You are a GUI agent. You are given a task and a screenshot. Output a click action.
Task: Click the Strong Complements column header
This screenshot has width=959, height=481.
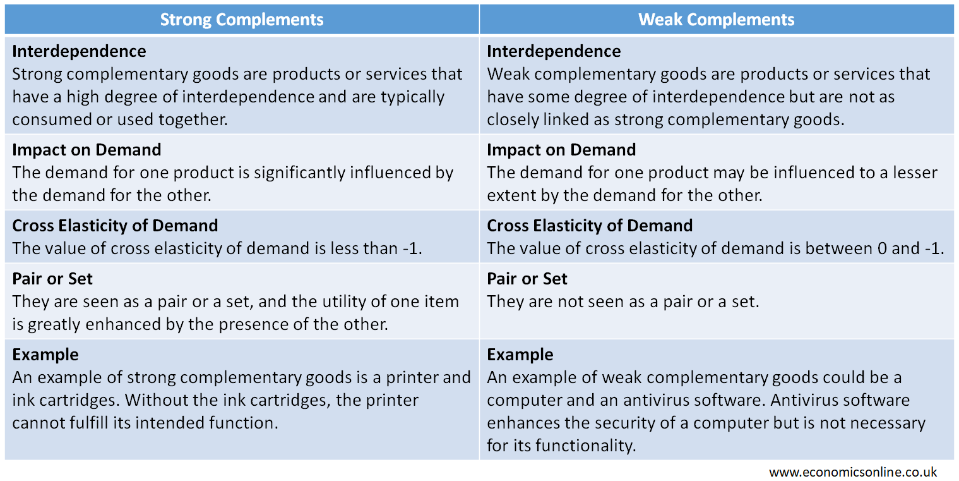click(242, 20)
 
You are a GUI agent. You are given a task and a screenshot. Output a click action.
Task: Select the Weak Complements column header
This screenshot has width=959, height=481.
click(716, 20)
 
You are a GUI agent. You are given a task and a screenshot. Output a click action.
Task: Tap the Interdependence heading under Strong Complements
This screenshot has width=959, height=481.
click(79, 51)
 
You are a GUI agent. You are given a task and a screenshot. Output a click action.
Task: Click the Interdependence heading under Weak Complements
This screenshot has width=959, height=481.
click(554, 51)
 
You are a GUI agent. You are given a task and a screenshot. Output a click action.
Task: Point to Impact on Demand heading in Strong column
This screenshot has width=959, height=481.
click(86, 150)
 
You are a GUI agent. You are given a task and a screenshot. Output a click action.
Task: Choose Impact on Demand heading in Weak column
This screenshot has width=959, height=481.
click(561, 150)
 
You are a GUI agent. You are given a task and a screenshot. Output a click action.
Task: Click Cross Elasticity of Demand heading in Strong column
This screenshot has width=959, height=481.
click(115, 226)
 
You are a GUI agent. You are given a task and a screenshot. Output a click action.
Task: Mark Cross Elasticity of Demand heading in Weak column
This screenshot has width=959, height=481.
click(590, 226)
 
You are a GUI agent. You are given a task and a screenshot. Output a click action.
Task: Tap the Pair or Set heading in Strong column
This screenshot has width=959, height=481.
click(52, 279)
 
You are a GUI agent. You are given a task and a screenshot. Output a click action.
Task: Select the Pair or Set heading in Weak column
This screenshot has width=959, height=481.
click(527, 279)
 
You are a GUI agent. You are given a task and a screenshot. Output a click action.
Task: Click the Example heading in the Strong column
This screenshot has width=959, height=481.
click(45, 355)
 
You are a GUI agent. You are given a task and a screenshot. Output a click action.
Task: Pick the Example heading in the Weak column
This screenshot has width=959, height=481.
click(520, 355)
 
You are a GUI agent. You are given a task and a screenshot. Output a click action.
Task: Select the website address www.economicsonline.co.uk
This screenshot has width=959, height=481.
click(853, 472)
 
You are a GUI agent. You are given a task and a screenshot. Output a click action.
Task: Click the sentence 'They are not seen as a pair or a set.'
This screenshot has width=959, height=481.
click(622, 301)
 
